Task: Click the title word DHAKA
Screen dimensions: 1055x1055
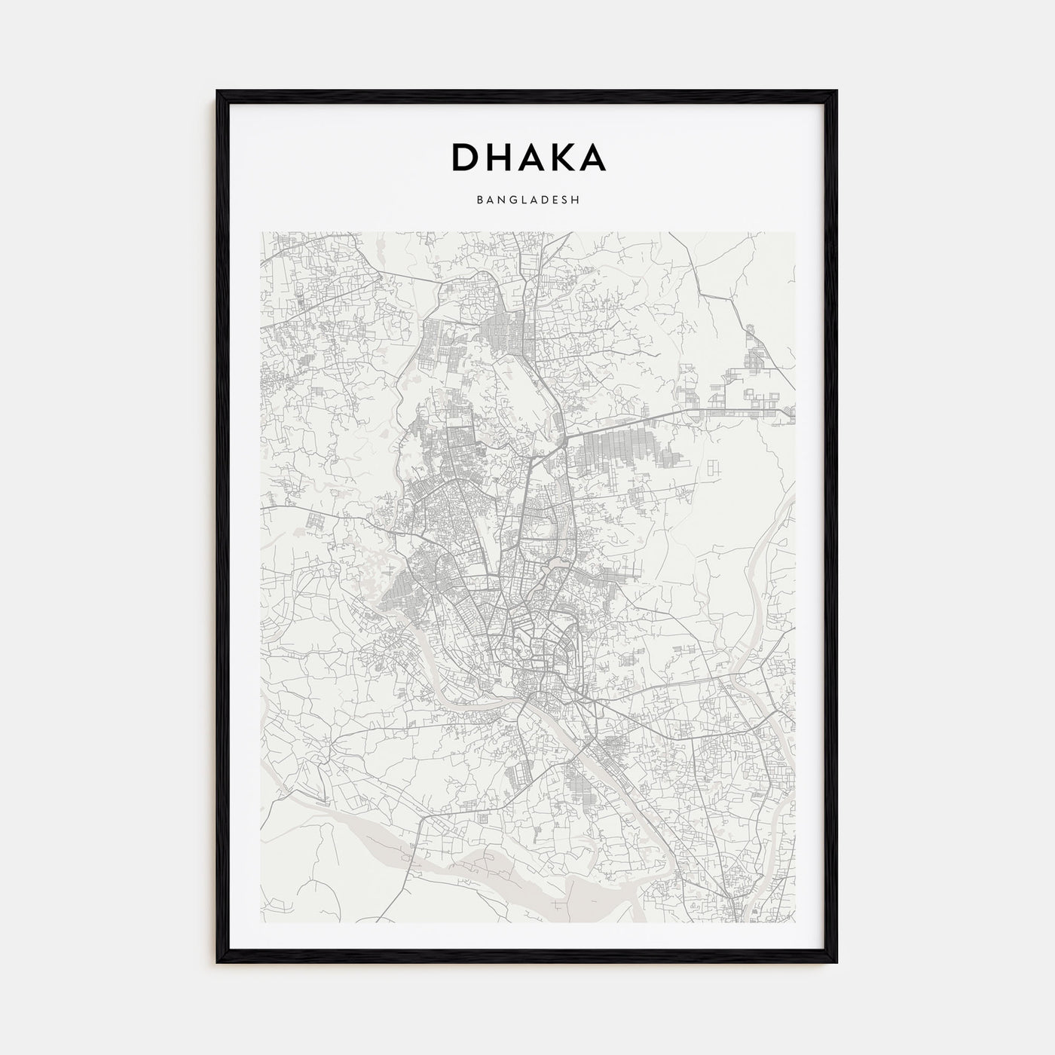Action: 527,157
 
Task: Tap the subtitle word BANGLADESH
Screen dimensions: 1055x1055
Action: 527,201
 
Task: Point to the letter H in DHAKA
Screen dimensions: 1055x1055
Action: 497,157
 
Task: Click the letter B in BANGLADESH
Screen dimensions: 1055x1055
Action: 479,201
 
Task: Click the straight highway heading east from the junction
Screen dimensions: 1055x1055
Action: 641,419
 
